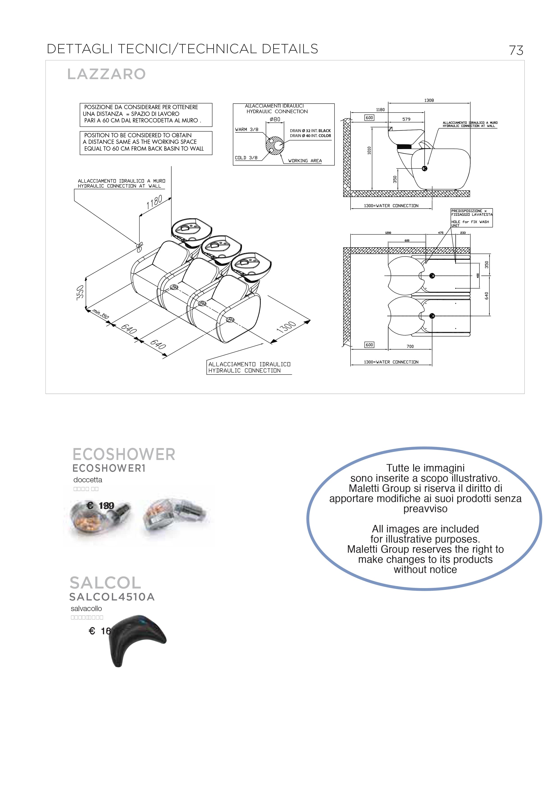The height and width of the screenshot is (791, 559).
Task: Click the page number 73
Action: (x=516, y=50)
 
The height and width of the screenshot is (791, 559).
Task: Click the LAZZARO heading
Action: (x=106, y=74)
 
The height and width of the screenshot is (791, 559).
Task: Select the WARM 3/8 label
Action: (x=247, y=129)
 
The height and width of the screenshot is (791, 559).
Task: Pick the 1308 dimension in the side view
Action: (x=429, y=100)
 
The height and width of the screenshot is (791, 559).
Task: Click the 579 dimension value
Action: (x=406, y=119)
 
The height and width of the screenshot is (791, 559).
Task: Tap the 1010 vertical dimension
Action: (x=369, y=151)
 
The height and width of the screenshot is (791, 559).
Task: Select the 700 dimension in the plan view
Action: (x=410, y=346)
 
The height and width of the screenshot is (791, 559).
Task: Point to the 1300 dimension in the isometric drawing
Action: (x=286, y=327)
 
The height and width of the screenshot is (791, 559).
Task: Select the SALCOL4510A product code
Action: (x=112, y=597)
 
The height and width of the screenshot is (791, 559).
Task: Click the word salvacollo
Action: (x=86, y=608)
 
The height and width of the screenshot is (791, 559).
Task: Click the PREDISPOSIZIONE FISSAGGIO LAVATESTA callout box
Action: (x=472, y=218)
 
